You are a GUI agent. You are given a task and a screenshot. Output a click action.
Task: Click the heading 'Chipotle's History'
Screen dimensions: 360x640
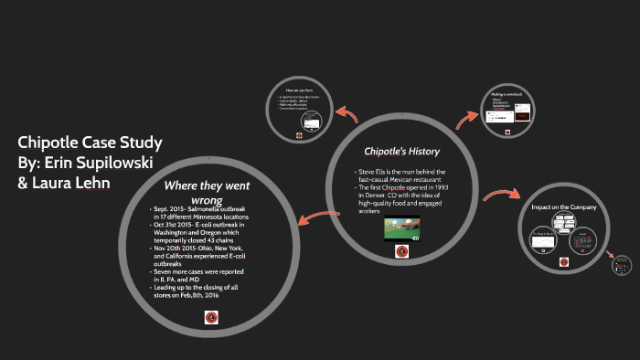402,151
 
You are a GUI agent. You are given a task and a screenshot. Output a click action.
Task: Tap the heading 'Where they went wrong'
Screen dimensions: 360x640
207,192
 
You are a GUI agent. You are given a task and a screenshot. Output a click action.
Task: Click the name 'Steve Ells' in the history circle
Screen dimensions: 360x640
376,172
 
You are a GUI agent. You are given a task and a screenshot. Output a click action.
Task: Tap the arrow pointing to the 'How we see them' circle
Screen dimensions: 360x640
347,115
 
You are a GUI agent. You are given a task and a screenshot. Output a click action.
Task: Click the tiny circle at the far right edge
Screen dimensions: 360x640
622,263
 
